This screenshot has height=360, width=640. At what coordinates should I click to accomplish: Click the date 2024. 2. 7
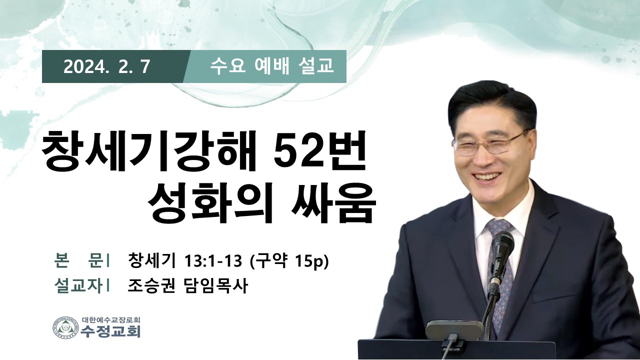click(106, 67)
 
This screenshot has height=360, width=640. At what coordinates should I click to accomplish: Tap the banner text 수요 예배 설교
click(271, 66)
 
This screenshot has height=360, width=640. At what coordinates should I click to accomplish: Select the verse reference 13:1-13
click(213, 261)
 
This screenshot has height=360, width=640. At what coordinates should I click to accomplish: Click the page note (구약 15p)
click(289, 261)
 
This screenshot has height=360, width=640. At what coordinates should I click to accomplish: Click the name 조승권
click(151, 285)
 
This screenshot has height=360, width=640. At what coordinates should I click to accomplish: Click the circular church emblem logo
click(65, 327)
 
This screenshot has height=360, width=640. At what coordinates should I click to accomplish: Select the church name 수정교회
click(110, 331)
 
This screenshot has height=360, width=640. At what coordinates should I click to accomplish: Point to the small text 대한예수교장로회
click(111, 319)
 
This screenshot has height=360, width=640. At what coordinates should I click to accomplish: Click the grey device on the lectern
click(454, 330)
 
